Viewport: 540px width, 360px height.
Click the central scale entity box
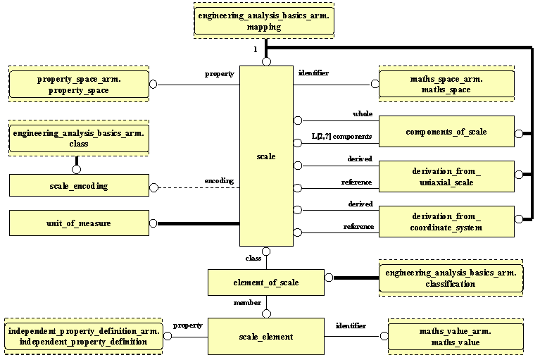coord(266,156)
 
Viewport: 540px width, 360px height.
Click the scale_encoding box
coord(79,186)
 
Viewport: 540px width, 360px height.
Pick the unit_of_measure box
coord(79,224)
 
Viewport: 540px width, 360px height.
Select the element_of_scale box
coord(266,283)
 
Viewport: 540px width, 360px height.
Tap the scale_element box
coord(266,337)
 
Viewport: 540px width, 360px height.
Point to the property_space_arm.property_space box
coord(79,85)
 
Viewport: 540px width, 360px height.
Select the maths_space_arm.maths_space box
coord(451,85)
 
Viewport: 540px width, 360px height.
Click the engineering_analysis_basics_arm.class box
coord(79,138)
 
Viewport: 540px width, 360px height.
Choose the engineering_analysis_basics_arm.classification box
coord(451,278)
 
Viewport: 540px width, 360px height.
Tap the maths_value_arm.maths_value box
coord(456,336)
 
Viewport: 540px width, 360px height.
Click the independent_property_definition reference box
coord(84,336)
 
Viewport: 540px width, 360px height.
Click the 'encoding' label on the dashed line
coord(219,180)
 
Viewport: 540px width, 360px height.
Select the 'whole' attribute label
coord(363,114)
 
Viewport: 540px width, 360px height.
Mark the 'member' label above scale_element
coord(248,302)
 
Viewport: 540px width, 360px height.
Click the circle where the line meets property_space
coord(153,85)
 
